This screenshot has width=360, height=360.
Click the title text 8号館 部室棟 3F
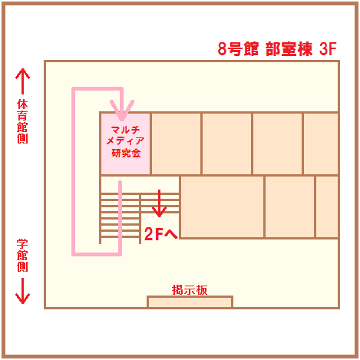pos(277,48)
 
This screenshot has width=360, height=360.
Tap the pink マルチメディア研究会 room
pos(125,144)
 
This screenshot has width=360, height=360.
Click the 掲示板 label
pos(190,290)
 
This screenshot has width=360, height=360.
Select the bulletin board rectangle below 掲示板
pos(190,302)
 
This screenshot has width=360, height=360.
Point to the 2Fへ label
pos(161,233)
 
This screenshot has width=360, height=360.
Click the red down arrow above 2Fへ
pos(159,203)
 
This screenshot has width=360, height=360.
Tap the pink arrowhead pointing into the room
pos(122,110)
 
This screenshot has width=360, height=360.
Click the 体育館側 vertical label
pos(22,121)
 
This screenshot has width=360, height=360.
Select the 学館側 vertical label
pos(22,255)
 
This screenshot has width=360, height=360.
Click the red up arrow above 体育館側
pos(22,81)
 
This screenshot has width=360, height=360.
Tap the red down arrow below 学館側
pos(22,291)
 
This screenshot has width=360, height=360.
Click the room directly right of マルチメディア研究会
pos(176,144)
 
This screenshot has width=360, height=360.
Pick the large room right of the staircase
pos(222,206)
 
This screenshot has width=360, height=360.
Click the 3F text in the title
pos(328,48)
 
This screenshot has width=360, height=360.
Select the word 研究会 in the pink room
pos(126,154)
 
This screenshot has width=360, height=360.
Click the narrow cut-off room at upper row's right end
pos(321,144)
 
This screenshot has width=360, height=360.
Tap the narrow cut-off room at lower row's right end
pos(327,206)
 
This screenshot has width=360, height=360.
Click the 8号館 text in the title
pos(238,48)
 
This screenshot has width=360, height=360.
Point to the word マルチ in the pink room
pos(125,130)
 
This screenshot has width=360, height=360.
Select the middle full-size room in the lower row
pos(289,206)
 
